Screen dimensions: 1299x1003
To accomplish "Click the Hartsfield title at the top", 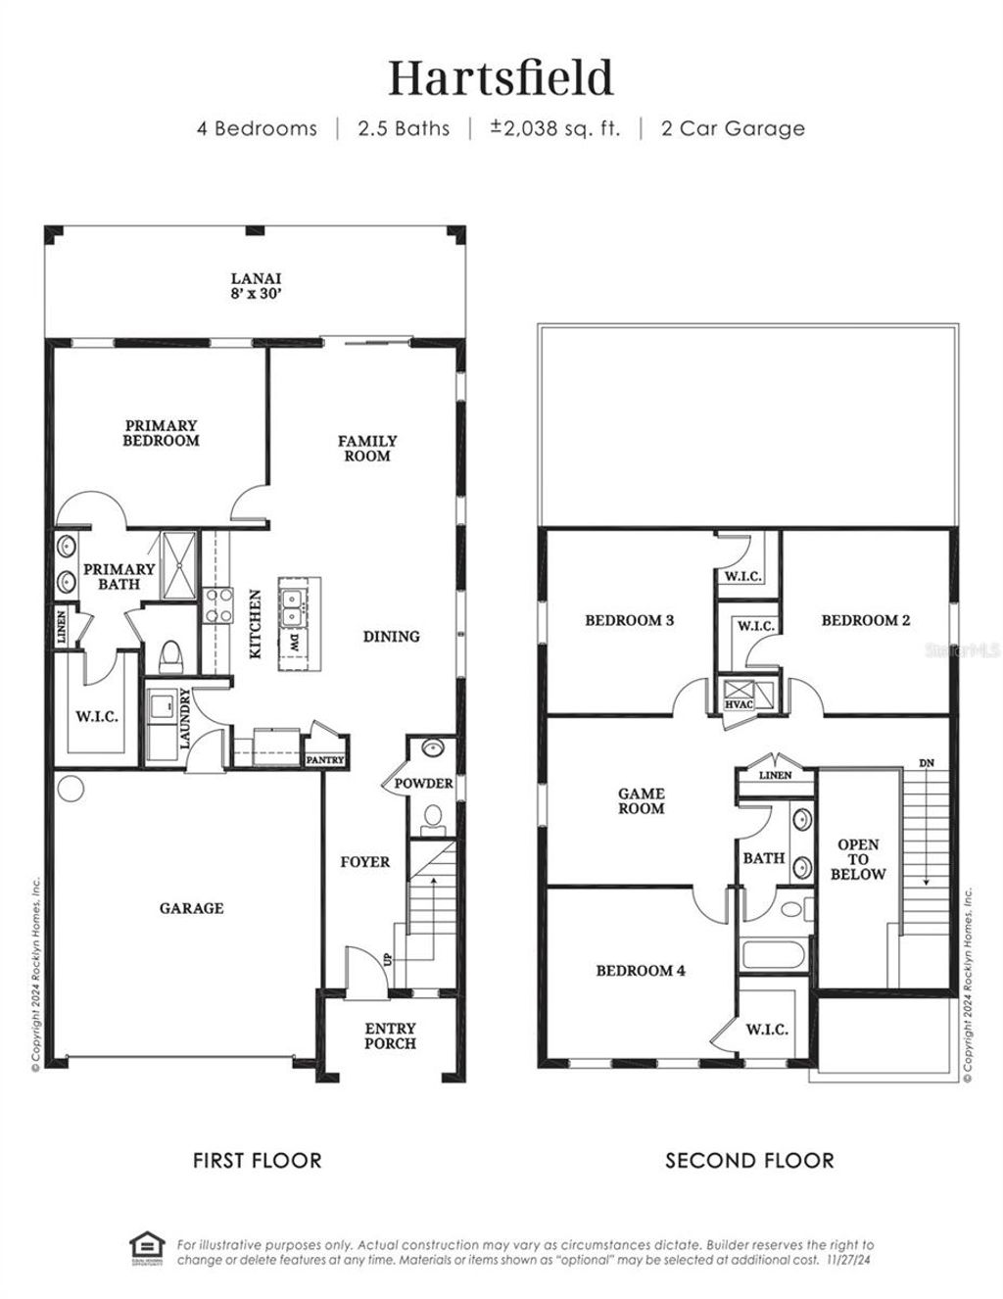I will point(501,78).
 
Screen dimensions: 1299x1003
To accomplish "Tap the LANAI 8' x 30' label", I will point(256,285).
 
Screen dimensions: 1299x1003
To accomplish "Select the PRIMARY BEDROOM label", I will point(161,433).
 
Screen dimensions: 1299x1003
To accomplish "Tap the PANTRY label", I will point(324,759).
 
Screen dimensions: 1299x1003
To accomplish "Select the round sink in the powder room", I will point(432,748).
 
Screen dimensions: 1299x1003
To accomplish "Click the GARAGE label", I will point(191,908).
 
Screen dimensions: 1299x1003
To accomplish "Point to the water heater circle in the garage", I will point(71,788).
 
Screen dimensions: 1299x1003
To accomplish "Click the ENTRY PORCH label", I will point(390,1035).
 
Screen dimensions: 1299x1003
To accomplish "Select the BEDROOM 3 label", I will point(629,620).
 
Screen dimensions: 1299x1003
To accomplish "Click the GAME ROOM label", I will point(641,800).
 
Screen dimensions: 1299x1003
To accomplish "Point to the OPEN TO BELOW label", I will point(857,859).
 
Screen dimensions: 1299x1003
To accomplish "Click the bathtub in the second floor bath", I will point(773,955).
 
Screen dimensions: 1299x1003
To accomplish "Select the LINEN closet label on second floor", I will point(775,775).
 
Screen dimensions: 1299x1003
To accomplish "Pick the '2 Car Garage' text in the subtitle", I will point(733,128).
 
